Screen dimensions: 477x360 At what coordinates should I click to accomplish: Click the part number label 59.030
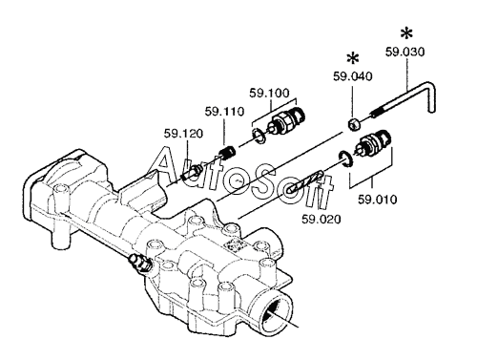tap(404, 52)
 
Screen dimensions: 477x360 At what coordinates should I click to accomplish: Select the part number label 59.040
tap(352, 76)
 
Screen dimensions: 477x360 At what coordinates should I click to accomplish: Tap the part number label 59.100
tap(269, 93)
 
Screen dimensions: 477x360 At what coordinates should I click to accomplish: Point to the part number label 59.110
tap(224, 112)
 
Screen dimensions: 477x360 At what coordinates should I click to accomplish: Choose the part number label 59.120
tap(183, 134)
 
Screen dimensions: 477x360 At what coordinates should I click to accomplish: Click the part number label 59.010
tap(378, 200)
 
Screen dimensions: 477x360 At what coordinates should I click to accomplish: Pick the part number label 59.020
tap(321, 220)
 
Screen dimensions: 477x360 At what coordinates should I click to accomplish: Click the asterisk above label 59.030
tap(406, 33)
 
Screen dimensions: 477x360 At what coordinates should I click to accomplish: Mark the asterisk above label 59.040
tap(353, 58)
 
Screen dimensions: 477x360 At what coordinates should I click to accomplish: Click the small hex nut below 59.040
tap(354, 124)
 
